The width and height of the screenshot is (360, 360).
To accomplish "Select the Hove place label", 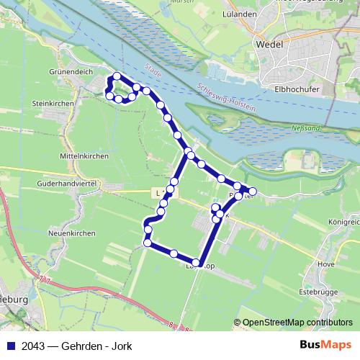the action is (x=325, y=264).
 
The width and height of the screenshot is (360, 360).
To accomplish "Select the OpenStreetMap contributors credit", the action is (x=297, y=322).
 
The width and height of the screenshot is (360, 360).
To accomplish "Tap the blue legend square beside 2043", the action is (x=11, y=345).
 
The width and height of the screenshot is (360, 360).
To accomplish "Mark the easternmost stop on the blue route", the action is (x=252, y=191).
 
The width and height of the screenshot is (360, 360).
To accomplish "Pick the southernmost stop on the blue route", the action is (x=196, y=262).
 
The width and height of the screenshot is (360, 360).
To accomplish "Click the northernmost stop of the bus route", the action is (x=116, y=76).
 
